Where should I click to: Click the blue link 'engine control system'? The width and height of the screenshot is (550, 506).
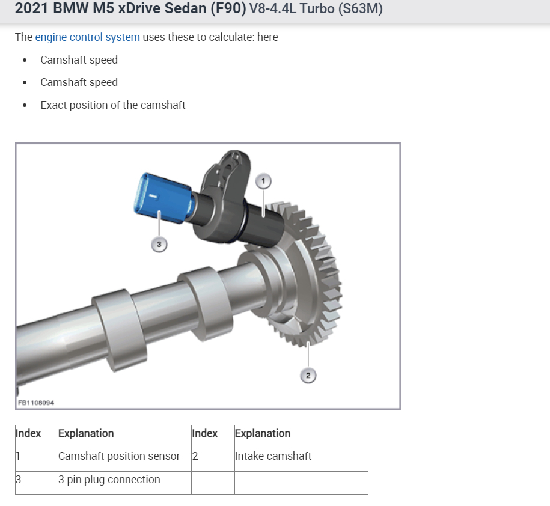pyautogui.click(x=87, y=37)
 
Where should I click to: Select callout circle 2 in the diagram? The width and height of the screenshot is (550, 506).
pyautogui.click(x=308, y=376)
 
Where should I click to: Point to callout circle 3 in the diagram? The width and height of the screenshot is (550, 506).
pyautogui.click(x=159, y=244)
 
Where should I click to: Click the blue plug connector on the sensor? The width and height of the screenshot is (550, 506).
pyautogui.click(x=161, y=197)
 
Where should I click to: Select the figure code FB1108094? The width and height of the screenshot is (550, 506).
pyautogui.click(x=36, y=403)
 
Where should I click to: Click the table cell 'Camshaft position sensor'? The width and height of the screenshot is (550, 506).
pyautogui.click(x=119, y=456)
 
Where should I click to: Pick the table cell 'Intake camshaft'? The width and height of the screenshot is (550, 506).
pyautogui.click(x=273, y=456)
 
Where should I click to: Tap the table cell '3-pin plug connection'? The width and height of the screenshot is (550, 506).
pyautogui.click(x=109, y=480)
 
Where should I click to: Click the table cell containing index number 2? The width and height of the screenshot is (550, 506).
pyautogui.click(x=195, y=456)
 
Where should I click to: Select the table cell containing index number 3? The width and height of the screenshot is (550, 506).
pyautogui.click(x=19, y=480)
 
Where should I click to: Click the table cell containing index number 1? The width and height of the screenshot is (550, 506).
pyautogui.click(x=18, y=456)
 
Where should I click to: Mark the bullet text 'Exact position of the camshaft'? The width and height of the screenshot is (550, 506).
pyautogui.click(x=112, y=105)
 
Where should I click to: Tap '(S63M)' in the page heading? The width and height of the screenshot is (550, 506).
pyautogui.click(x=361, y=10)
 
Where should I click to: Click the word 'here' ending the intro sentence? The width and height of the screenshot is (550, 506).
pyautogui.click(x=267, y=37)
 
